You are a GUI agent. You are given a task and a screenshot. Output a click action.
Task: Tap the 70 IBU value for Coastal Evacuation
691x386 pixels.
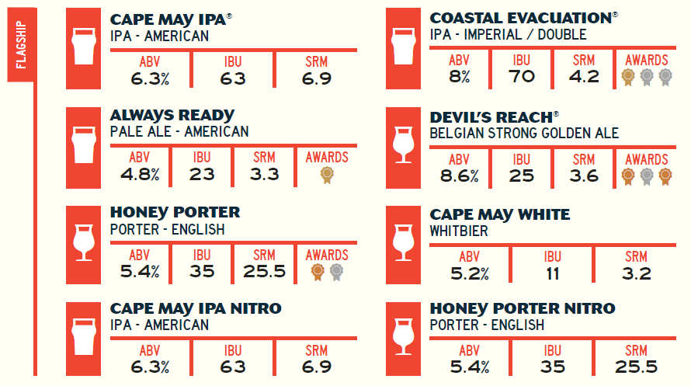tap(521, 76)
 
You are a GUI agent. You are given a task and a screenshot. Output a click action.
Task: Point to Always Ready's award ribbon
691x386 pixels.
tap(327, 173)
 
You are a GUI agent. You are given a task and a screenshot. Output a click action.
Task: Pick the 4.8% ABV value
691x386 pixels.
tap(140, 174)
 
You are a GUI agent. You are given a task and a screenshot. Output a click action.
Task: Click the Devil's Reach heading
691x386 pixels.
tap(490, 117)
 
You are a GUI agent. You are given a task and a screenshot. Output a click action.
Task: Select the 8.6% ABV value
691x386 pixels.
tap(459, 176)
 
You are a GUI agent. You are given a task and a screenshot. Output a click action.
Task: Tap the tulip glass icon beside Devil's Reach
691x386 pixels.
tap(403, 144)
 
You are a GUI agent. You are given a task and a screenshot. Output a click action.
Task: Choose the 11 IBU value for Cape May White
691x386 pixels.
tap(552, 273)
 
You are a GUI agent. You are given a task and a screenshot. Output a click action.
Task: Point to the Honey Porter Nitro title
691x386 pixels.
tap(522, 309)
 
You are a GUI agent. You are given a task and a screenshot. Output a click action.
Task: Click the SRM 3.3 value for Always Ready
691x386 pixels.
tap(265, 174)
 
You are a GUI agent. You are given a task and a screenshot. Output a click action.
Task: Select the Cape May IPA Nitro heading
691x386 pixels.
tap(196, 309)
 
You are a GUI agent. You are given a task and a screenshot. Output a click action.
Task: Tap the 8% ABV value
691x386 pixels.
tap(459, 76)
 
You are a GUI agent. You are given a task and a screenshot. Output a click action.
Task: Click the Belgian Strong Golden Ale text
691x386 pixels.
tap(524, 134)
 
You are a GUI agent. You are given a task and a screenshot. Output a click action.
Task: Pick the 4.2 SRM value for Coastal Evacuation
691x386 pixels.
tap(584, 76)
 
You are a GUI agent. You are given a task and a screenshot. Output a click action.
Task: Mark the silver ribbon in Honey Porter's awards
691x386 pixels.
tap(336, 271)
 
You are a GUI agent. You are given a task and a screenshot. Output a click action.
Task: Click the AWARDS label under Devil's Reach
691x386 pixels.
tap(646, 160)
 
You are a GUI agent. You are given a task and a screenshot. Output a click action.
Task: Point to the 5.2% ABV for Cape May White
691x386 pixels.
tap(469, 273)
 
